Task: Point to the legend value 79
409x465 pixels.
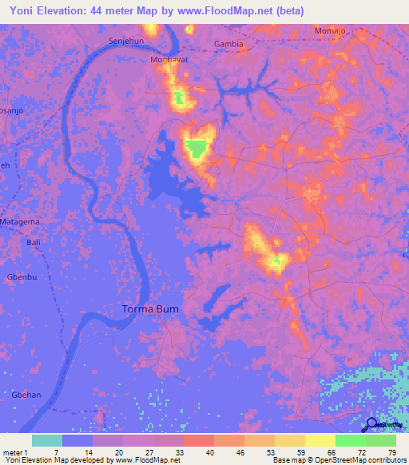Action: tap(392, 451)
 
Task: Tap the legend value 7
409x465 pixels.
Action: tap(55, 451)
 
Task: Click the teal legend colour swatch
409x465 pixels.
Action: tap(47, 440)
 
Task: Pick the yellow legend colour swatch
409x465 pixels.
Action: tap(320, 440)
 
